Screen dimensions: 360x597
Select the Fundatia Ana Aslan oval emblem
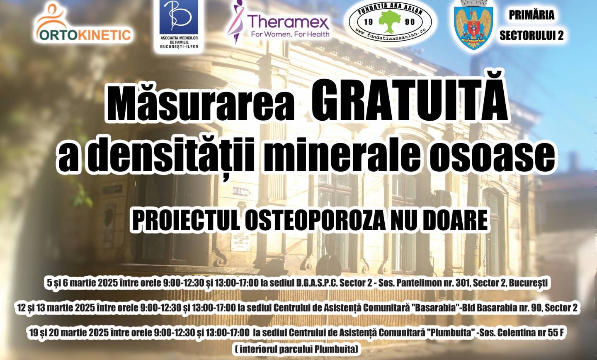click(390, 22)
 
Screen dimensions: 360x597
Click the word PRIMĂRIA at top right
click(531, 15)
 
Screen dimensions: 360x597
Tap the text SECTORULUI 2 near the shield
click(531, 35)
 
